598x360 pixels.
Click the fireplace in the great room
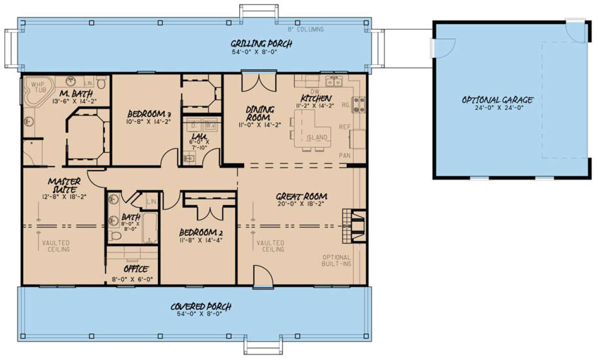tap(354, 226)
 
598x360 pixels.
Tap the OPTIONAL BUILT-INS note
tap(336, 260)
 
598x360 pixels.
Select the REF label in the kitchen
tap(344, 127)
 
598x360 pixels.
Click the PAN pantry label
tap(344, 156)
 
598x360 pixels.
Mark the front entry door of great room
tap(262, 276)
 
